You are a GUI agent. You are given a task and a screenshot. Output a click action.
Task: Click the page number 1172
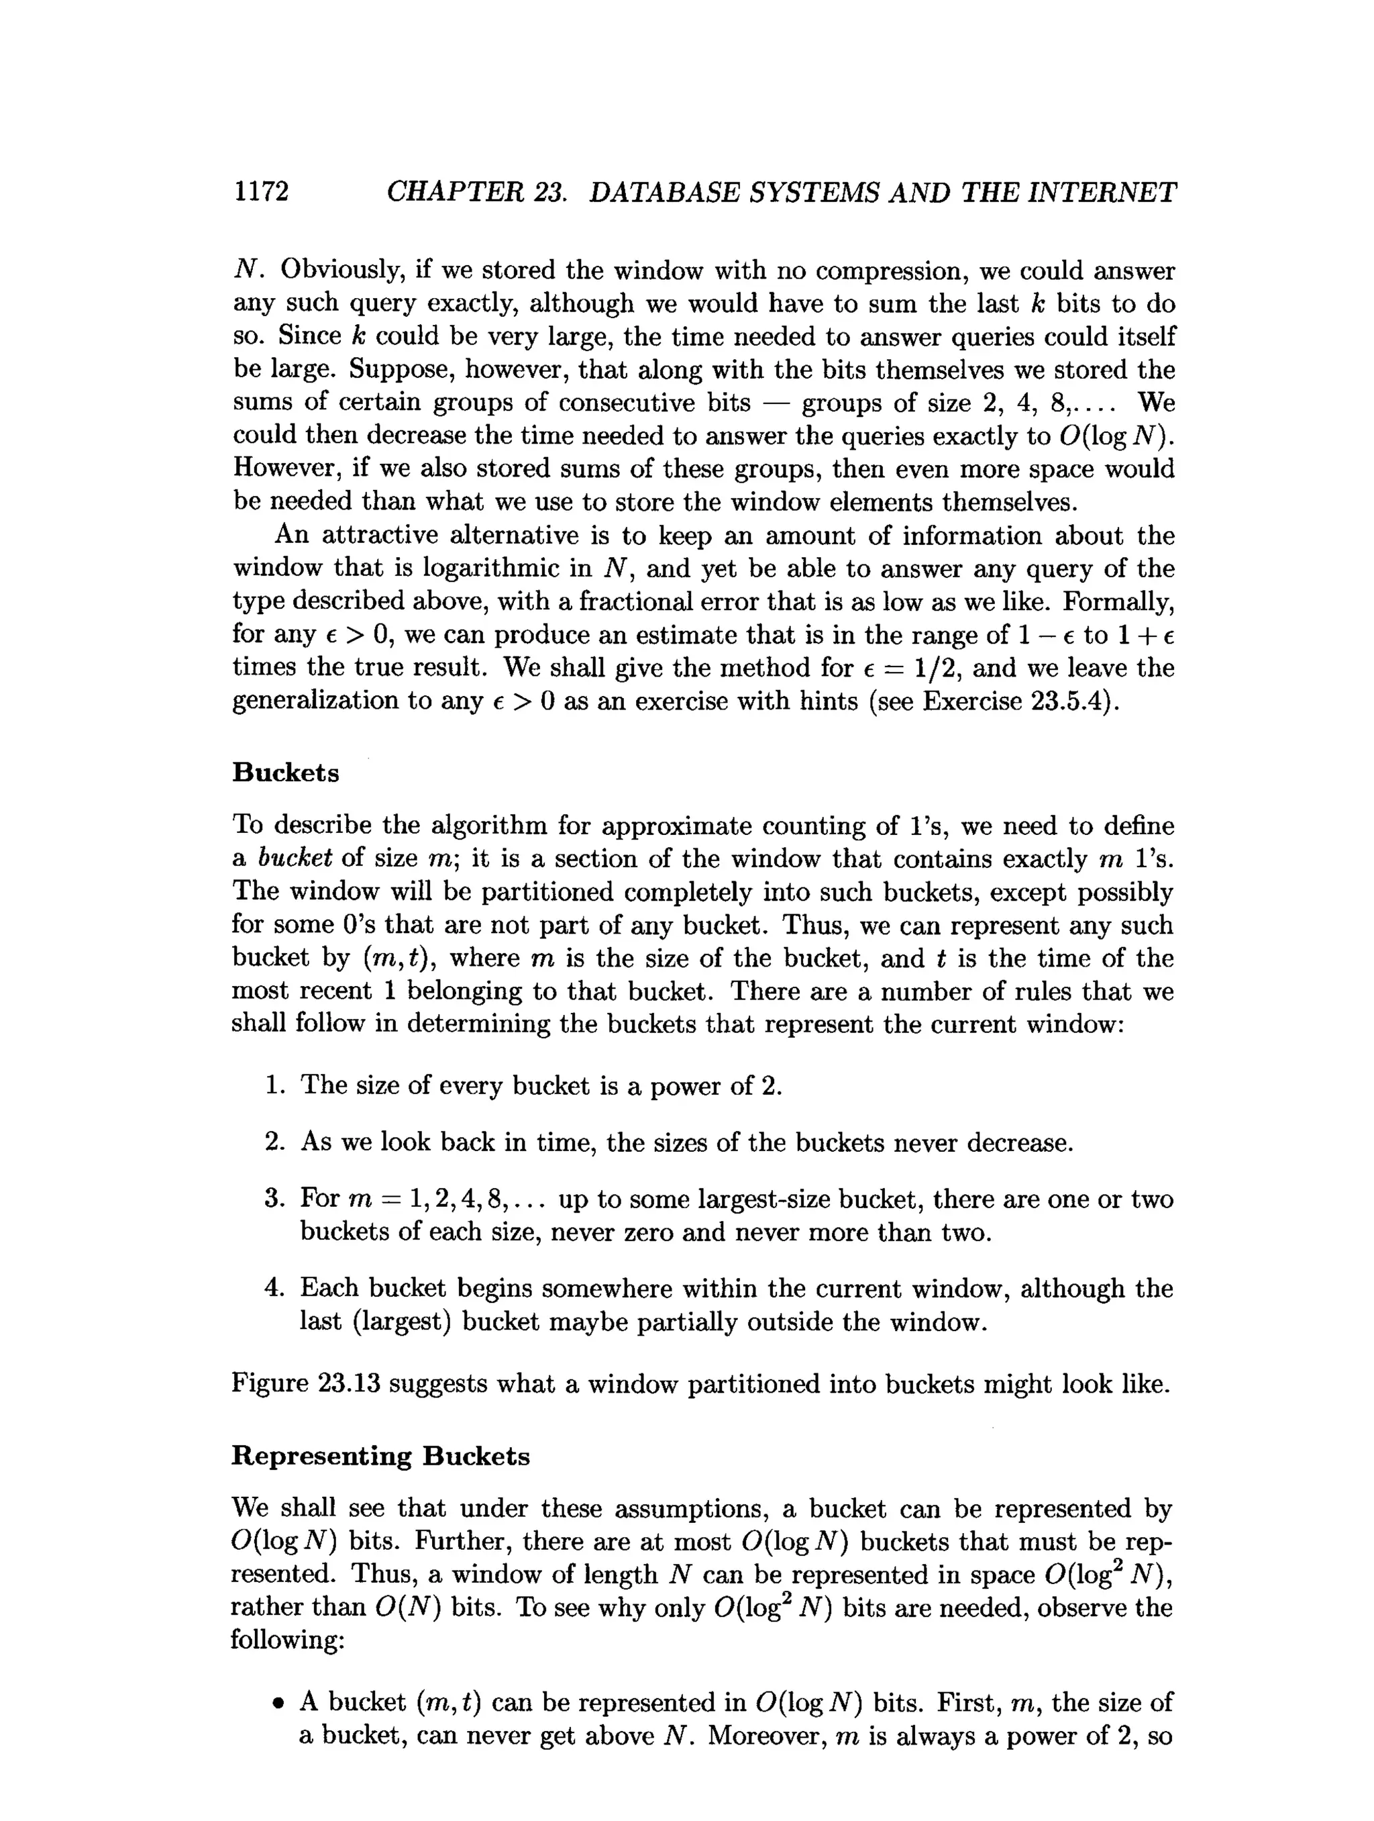261,191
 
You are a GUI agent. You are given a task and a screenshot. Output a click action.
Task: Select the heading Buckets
286,772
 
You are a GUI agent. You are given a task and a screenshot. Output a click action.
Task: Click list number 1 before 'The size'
274,1086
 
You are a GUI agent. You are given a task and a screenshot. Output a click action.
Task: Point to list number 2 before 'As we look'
274,1142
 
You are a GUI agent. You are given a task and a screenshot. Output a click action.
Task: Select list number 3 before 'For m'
274,1198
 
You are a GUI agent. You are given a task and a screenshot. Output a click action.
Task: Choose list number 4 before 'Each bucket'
274,1287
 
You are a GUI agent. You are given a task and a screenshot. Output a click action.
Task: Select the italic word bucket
295,858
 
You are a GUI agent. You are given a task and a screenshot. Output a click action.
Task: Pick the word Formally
1117,602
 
